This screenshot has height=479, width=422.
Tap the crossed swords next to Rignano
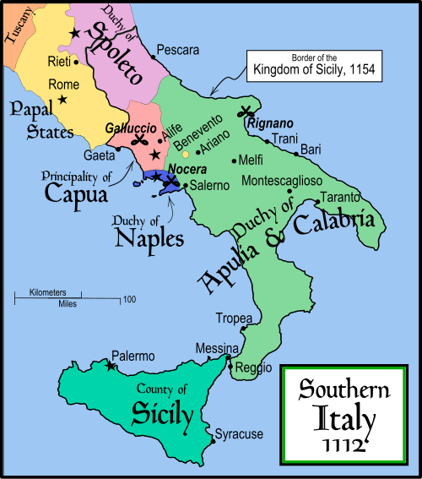point(247,110)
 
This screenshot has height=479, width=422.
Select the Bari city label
point(310,150)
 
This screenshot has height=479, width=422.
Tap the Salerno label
point(208,185)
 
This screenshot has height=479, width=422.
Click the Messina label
point(211,348)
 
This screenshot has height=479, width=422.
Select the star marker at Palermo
point(111,366)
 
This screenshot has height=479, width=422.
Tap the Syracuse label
point(239,434)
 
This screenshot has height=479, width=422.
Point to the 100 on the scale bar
point(130,300)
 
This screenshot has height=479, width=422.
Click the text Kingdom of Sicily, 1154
point(311,71)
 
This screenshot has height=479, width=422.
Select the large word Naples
point(149,238)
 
